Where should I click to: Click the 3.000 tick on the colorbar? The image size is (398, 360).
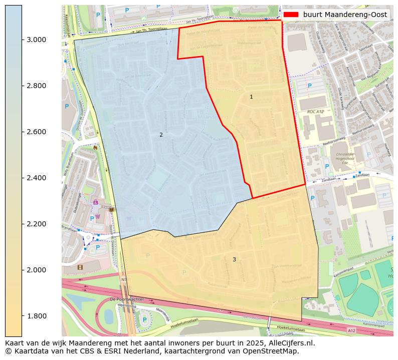(37, 40)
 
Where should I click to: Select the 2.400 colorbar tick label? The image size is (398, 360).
(37, 178)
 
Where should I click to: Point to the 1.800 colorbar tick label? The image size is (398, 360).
(37, 316)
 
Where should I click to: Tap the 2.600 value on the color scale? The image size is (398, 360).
(37, 132)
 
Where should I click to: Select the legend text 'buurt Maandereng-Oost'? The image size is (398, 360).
(345, 15)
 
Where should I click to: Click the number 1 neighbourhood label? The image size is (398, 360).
(251, 97)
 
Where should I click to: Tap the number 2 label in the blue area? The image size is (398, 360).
(161, 135)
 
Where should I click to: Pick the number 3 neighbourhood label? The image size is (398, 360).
(234, 259)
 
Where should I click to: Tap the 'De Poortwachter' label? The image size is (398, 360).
(127, 299)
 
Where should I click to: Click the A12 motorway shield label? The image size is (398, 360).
(351, 331)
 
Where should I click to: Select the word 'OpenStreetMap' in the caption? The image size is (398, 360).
(273, 351)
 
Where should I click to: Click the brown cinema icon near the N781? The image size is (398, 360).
(80, 267)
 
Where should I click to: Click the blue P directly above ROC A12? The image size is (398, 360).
(309, 86)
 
